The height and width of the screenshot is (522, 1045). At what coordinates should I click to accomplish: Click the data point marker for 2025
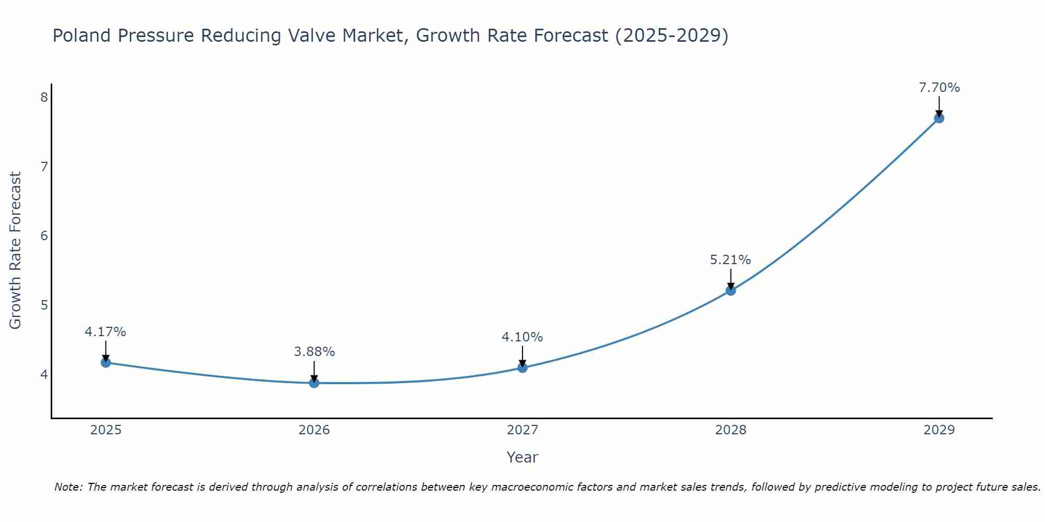tap(106, 362)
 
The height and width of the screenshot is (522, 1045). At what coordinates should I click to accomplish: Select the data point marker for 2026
tap(314, 383)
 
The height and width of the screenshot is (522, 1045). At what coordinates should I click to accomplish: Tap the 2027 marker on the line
tap(522, 367)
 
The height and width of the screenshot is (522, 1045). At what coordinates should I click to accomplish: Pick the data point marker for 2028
tap(730, 290)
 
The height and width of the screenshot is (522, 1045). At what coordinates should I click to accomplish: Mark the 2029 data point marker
tap(939, 118)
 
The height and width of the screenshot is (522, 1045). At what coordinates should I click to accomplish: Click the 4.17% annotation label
tap(106, 332)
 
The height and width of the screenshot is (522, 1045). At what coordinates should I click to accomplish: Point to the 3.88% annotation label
tap(314, 352)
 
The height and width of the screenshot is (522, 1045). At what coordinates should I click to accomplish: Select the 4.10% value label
tap(522, 337)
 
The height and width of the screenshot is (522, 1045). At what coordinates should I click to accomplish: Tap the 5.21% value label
tap(730, 259)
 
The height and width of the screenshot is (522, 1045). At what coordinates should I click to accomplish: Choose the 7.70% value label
tap(939, 88)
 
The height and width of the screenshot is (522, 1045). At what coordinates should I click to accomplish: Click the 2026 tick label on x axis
tap(314, 430)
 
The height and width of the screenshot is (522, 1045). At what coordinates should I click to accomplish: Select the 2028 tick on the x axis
tap(730, 430)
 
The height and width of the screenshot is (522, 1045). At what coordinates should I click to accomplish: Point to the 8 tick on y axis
tap(44, 98)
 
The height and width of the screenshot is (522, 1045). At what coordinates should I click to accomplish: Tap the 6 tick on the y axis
tap(44, 236)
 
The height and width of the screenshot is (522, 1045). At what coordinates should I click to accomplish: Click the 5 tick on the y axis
tap(44, 305)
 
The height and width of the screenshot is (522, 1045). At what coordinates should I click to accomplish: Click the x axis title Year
tap(522, 457)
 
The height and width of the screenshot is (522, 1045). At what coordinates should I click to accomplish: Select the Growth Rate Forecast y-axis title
tap(16, 251)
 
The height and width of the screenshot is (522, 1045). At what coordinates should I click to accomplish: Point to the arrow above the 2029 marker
tap(939, 106)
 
